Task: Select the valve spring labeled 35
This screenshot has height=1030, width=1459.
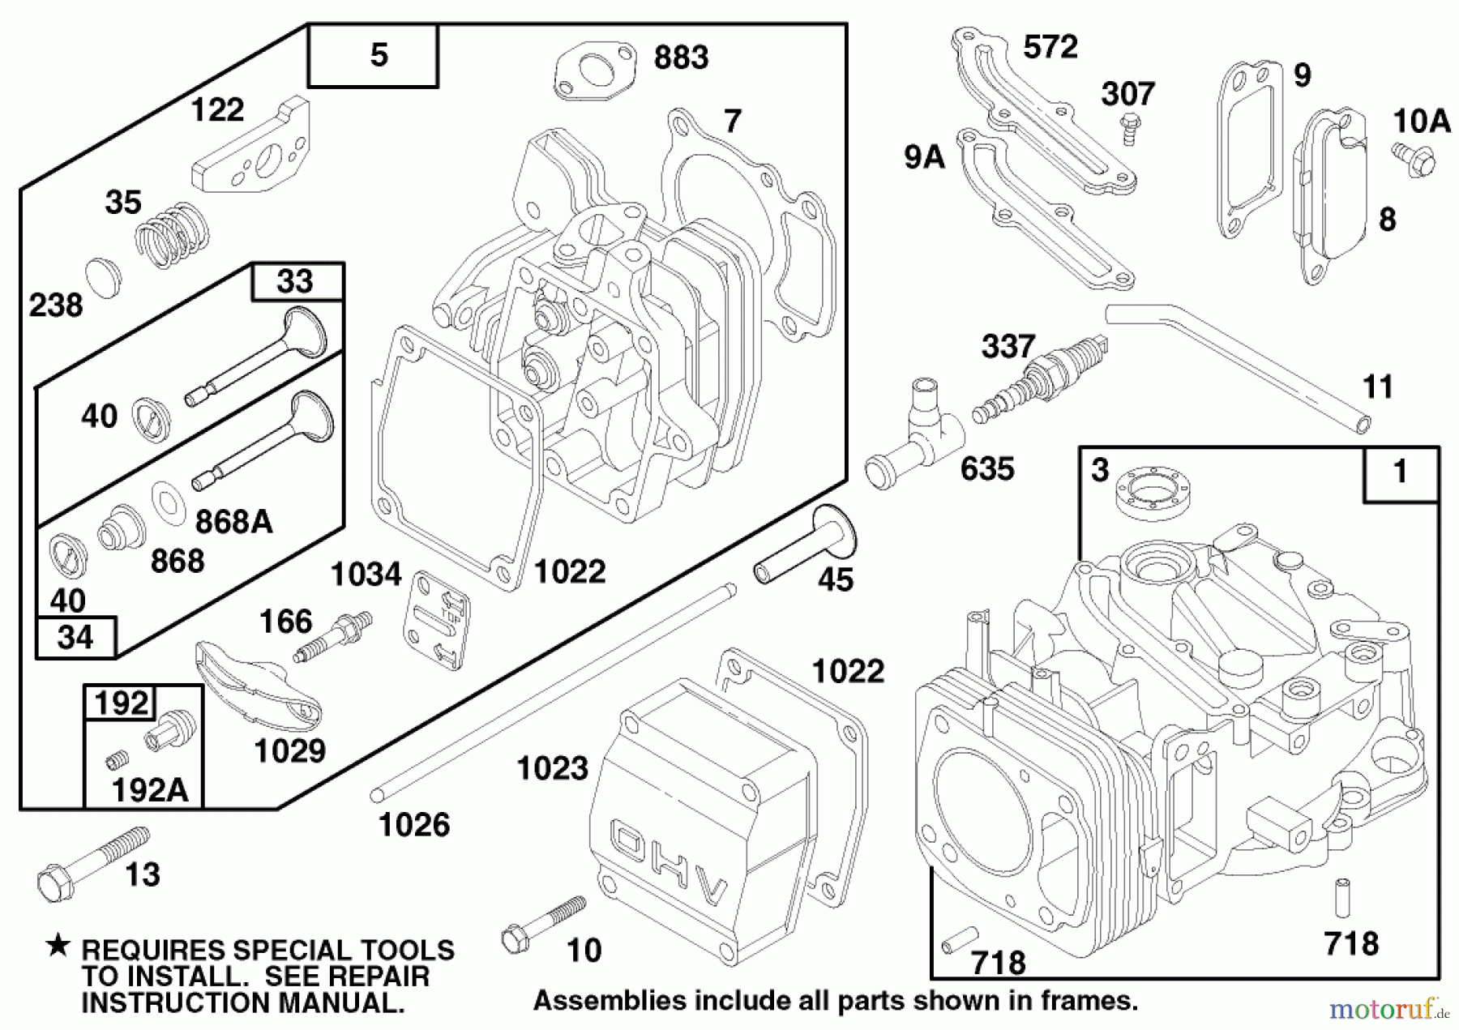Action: pyautogui.click(x=171, y=235)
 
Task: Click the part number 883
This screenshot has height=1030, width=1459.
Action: pyautogui.click(x=681, y=58)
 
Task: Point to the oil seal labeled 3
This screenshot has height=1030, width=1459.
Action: pyautogui.click(x=1153, y=492)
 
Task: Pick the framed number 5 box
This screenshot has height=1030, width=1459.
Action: pyautogui.click(x=374, y=56)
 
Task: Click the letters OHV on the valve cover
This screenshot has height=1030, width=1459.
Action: pyautogui.click(x=669, y=865)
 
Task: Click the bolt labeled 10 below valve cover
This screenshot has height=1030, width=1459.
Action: pyautogui.click(x=541, y=924)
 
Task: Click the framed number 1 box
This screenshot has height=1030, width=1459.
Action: pyautogui.click(x=1401, y=472)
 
